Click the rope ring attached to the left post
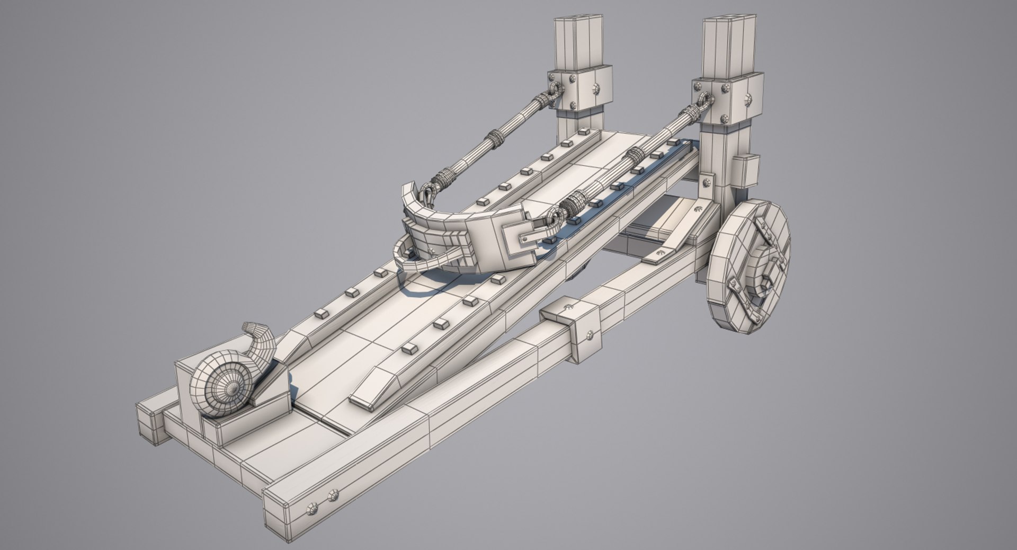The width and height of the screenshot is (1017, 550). click(x=555, y=91)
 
